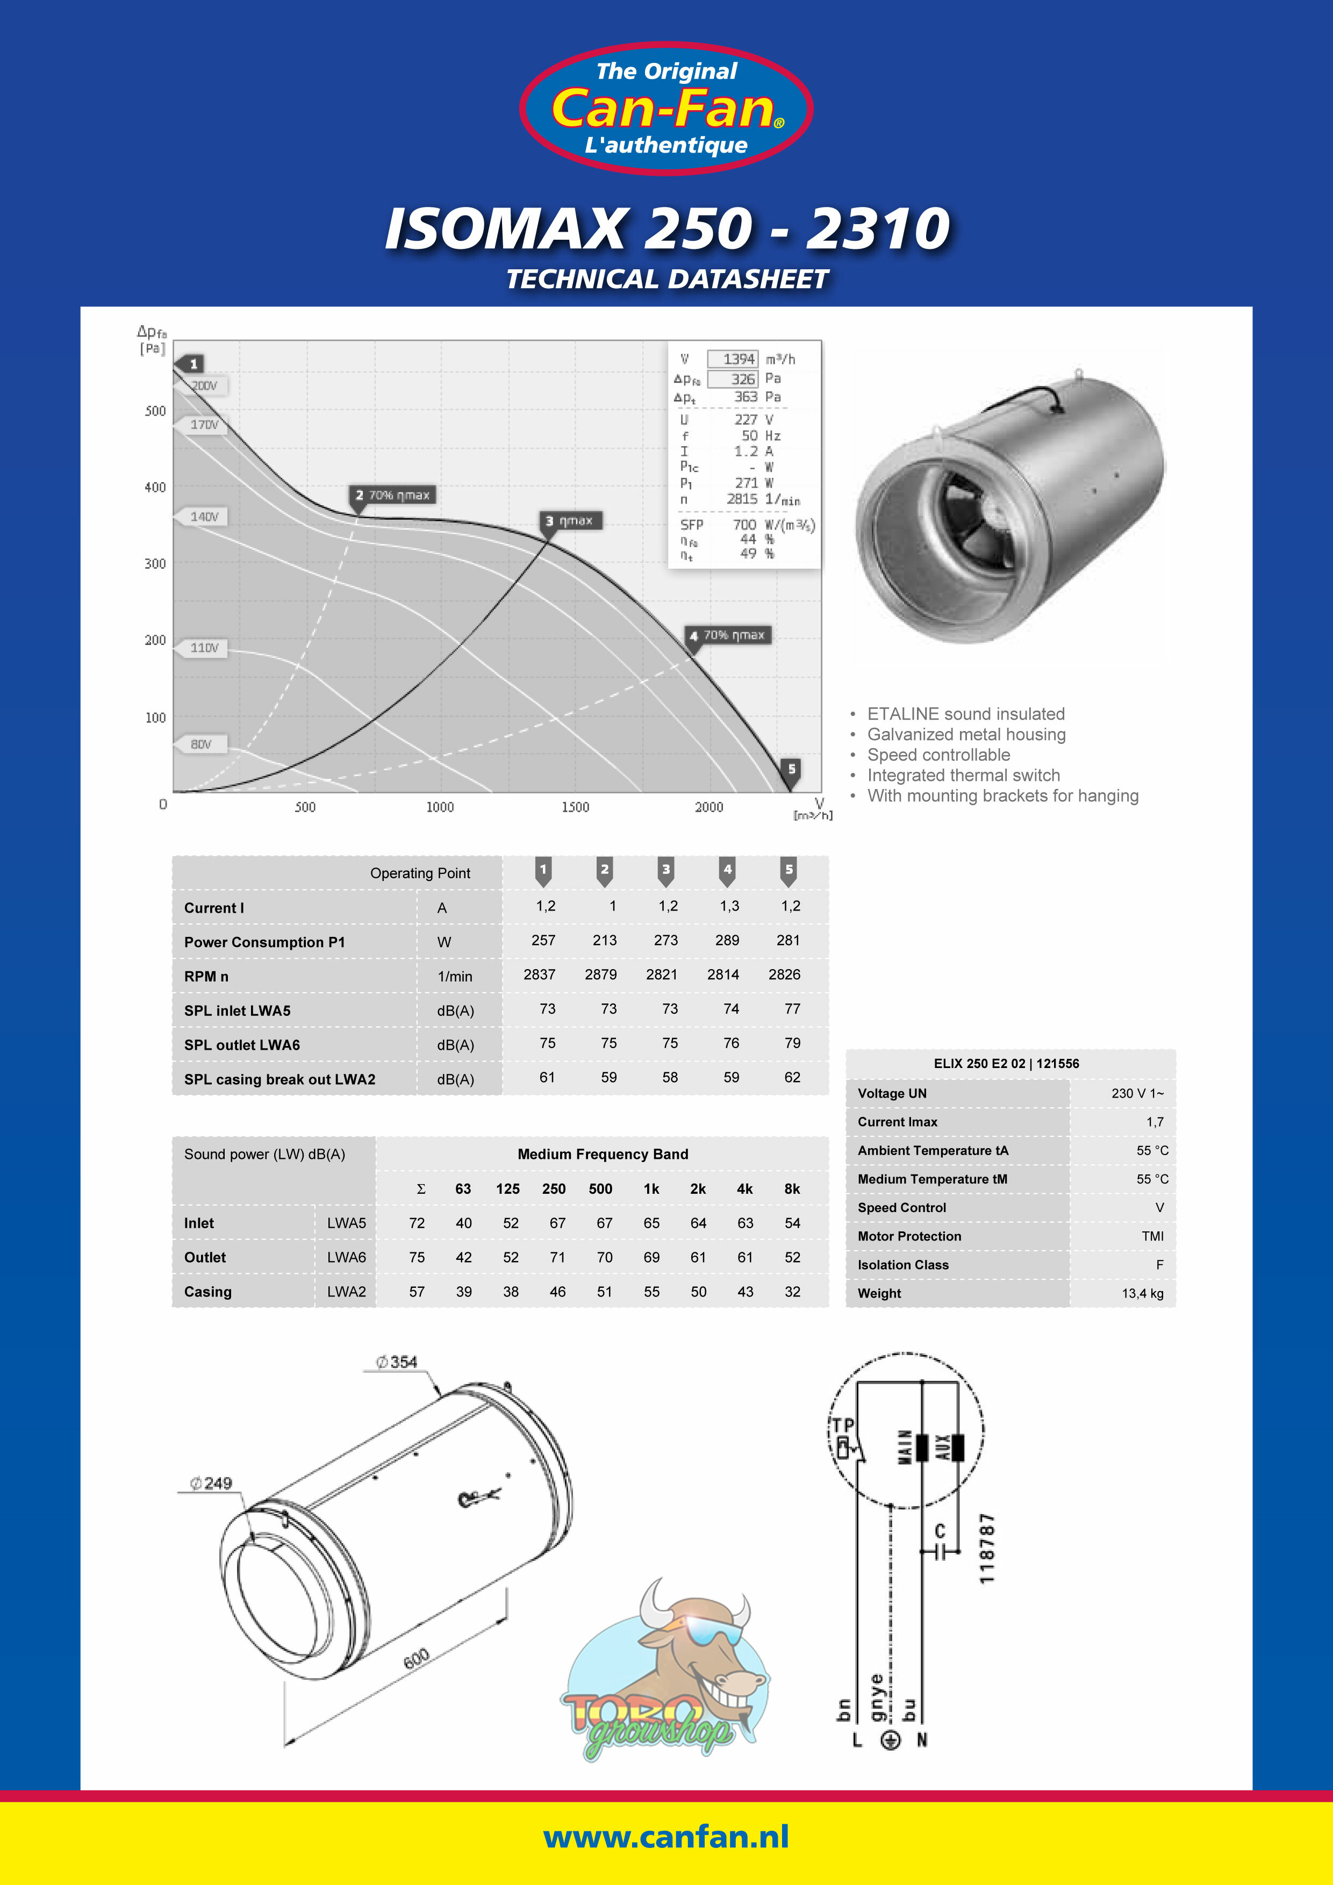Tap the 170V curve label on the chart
204,425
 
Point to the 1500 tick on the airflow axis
575,807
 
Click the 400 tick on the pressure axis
155,487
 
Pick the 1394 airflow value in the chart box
738,359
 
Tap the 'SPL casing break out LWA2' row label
279,1079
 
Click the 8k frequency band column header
792,1189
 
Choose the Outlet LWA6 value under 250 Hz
557,1257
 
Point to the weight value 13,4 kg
1143,1293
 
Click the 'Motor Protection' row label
909,1236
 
